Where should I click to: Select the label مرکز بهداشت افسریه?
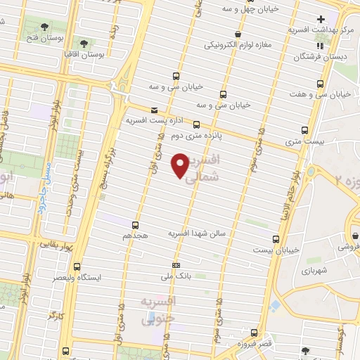(319, 31)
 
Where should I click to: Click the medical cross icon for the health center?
(321, 19)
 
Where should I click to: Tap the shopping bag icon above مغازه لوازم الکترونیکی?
(239, 34)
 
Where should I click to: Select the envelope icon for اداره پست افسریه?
(154, 110)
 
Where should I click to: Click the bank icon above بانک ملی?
(175, 264)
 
